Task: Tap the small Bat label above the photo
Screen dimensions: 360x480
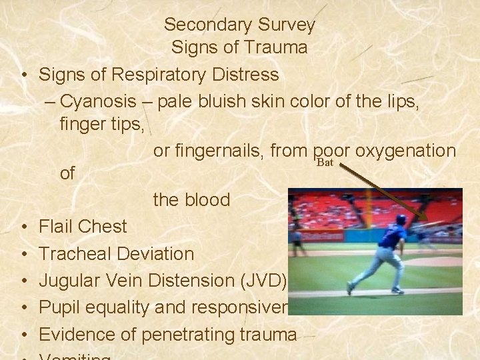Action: click(325, 163)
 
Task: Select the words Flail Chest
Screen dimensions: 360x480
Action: click(83, 227)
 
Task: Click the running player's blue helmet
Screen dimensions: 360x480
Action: click(401, 219)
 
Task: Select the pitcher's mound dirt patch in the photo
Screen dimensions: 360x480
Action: click(440, 261)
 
